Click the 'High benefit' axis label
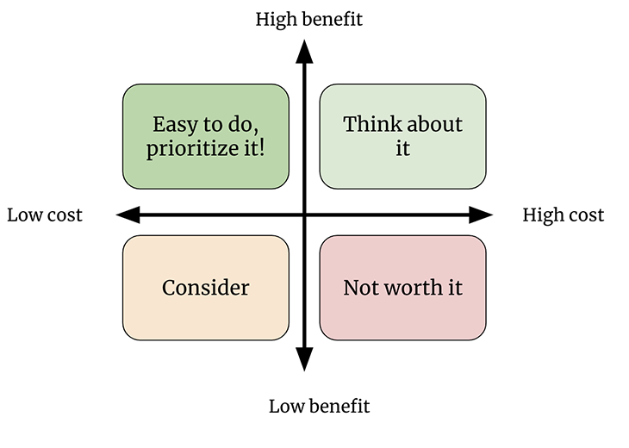tap(308, 20)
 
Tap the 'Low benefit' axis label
tap(320, 407)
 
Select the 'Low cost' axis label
tap(45, 215)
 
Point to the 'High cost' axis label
tap(564, 215)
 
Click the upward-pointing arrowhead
tap(304, 52)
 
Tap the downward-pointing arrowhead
tap(304, 359)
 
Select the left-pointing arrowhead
tap(128, 215)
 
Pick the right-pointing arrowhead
tap(481, 215)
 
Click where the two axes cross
tap(304, 215)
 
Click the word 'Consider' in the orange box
tap(206, 288)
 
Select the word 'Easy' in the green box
tap(177, 125)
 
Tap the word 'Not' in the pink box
tap(361, 288)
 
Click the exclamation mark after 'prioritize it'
tap(262, 147)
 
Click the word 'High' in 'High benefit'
tap(275, 20)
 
